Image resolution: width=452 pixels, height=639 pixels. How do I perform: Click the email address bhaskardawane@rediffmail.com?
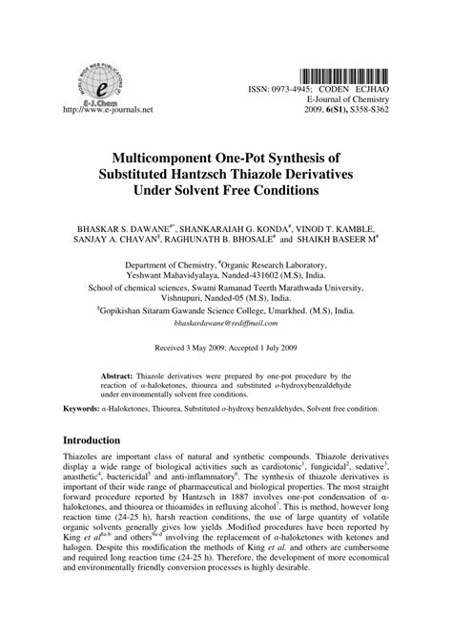tap(226, 324)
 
